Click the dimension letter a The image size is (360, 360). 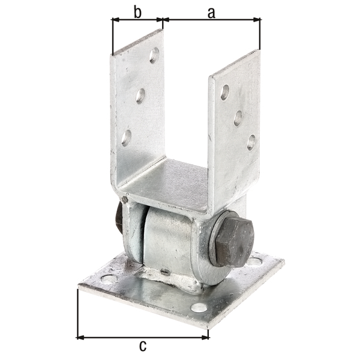(211, 12)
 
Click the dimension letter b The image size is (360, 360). (137, 12)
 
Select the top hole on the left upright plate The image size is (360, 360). (154, 55)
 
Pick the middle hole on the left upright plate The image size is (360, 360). (140, 95)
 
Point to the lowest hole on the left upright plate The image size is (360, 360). (126, 137)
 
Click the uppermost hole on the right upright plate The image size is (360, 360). (224, 92)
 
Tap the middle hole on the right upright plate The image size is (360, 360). (238, 118)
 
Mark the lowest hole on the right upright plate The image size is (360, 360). (251, 142)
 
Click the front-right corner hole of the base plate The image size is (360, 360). (198, 308)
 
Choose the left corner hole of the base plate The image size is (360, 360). (108, 279)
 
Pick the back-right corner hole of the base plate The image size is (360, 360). (257, 262)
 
